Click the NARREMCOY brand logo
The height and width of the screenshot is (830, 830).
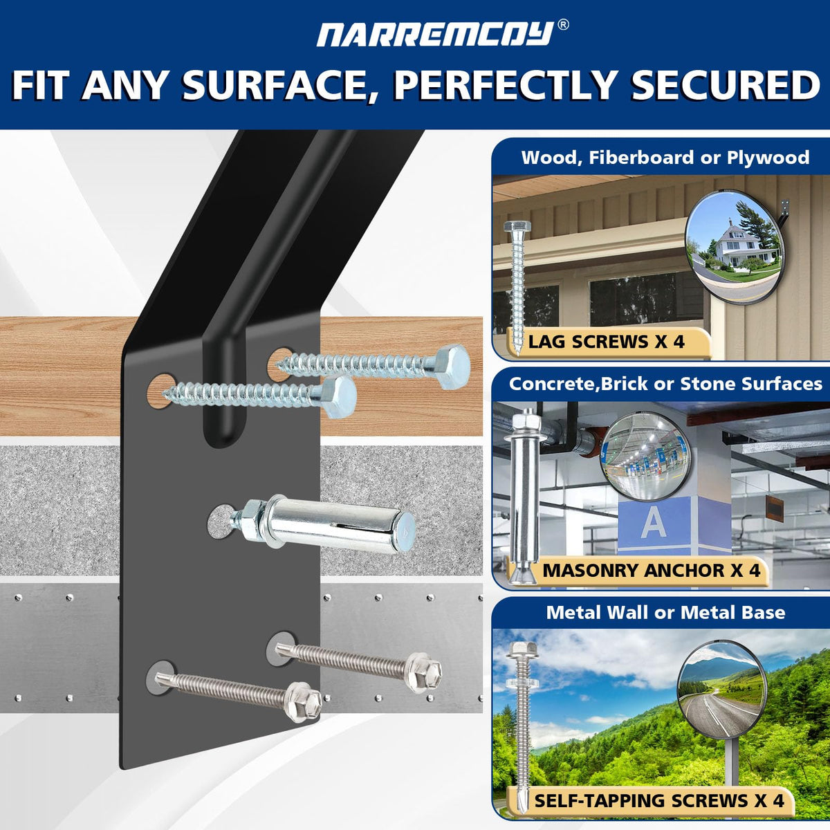point(435,34)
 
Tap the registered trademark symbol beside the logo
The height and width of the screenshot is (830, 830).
point(563,25)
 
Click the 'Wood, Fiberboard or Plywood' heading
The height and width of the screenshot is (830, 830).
point(665,157)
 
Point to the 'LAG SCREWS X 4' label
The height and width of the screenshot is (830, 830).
point(606,342)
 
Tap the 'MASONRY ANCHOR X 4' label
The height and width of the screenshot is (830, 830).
point(652,570)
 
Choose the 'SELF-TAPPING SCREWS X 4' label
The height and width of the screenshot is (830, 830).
point(659,800)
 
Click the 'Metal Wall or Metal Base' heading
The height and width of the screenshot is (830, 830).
point(665,612)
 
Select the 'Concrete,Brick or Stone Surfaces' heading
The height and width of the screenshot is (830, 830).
point(665,383)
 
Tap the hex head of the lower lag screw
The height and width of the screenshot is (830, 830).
point(339,398)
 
